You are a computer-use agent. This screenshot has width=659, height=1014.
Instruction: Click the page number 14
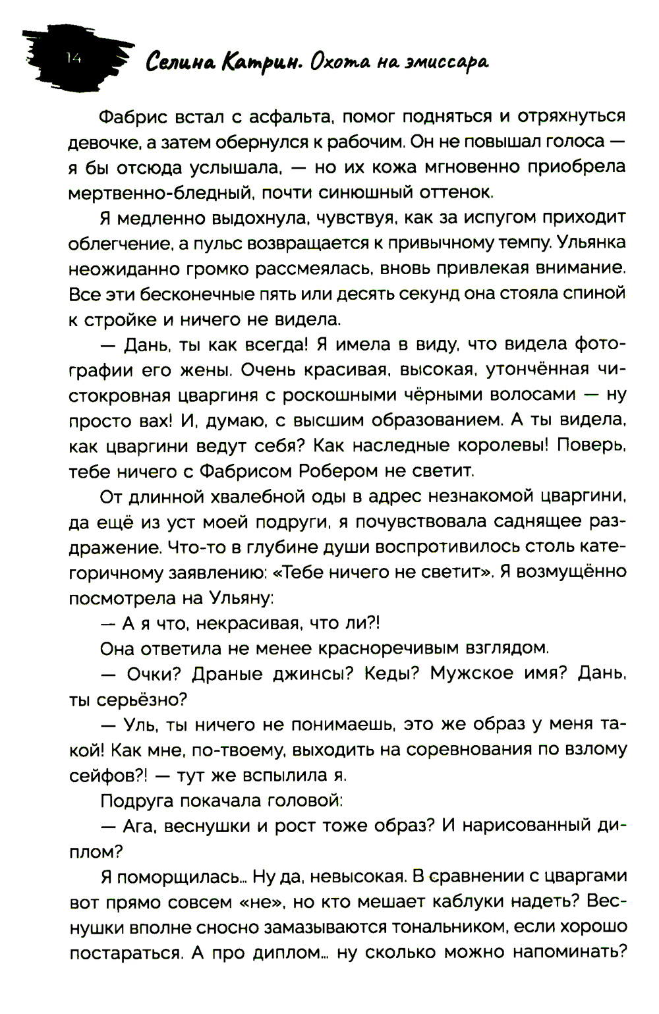coord(72,59)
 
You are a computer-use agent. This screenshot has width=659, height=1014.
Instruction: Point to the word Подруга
coord(137,801)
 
